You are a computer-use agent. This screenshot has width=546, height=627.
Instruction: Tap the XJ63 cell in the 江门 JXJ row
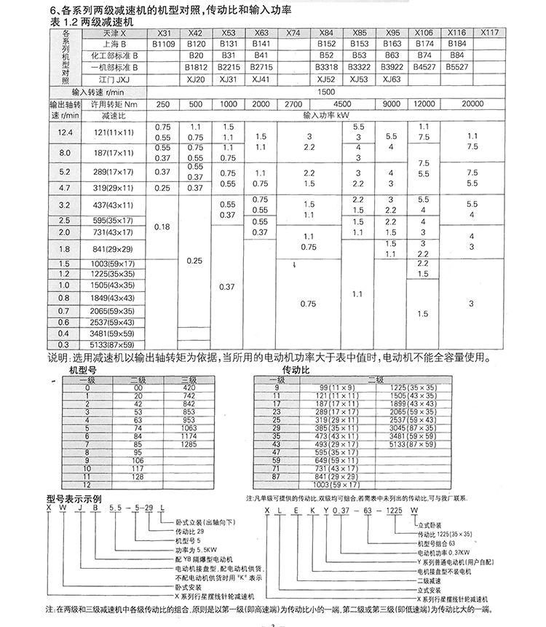point(392,79)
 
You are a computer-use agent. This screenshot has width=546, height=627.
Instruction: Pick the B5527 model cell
point(456,67)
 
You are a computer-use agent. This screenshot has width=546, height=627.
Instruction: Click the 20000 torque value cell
point(472,104)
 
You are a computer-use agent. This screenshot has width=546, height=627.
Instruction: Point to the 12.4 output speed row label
point(66,132)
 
